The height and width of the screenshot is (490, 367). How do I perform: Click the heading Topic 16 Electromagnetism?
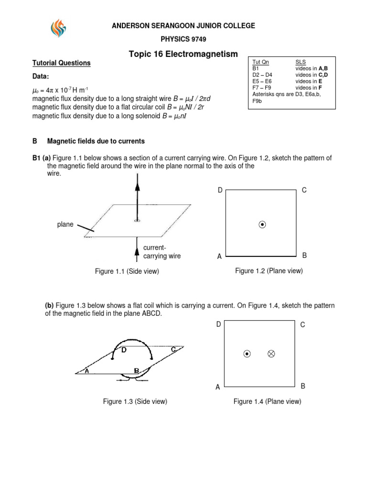[x=183, y=55]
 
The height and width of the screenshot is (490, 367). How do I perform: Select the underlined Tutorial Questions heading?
[x=61, y=63]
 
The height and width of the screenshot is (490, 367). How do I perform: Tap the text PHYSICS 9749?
[x=183, y=39]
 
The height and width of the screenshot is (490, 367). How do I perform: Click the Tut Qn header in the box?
[x=260, y=63]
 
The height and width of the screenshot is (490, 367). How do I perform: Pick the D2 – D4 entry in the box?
[x=263, y=75]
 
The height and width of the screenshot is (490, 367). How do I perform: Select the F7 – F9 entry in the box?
[x=262, y=88]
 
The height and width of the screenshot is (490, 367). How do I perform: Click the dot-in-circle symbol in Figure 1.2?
[x=262, y=224]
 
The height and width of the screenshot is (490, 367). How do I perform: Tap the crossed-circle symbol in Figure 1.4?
[x=271, y=354]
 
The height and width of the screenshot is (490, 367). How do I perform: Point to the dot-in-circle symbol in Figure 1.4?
[x=247, y=354]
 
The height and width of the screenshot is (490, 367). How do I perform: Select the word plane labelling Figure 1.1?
[x=65, y=224]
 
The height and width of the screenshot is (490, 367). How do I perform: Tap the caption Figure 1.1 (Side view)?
[x=127, y=272]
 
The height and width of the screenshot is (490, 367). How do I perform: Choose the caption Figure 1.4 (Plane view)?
[x=267, y=402]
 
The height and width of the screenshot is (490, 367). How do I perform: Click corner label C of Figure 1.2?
[x=304, y=190]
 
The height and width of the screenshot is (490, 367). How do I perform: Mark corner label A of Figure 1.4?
[x=218, y=387]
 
